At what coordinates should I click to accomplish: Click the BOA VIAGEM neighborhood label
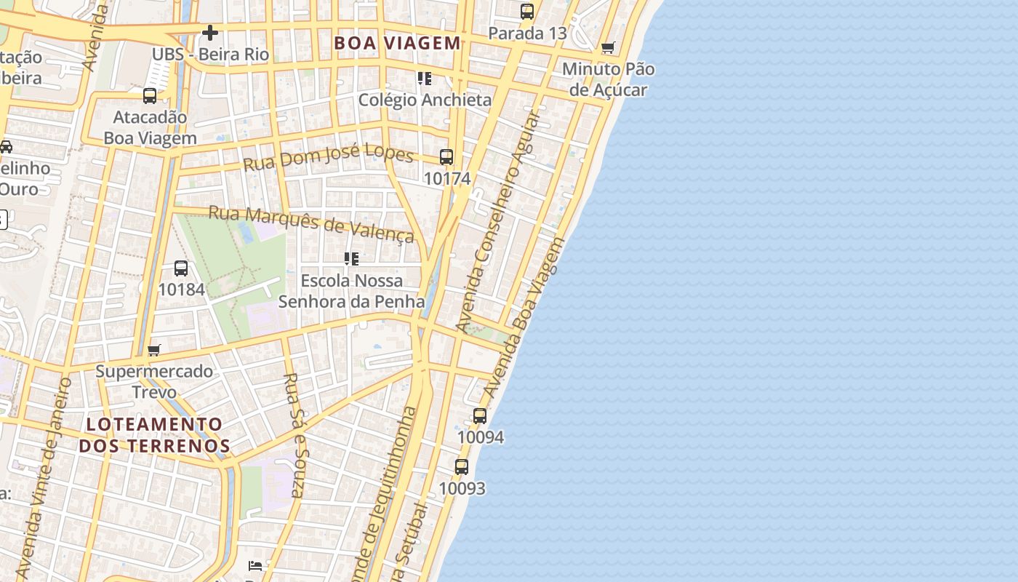tap(397, 43)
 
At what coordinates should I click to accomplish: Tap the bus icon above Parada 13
tap(527, 12)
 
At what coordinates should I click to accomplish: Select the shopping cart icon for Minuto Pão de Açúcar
tap(608, 48)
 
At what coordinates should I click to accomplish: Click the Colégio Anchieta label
tap(425, 100)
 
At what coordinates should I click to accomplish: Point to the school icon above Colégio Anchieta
tap(425, 78)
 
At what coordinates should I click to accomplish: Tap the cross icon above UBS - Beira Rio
tap(210, 33)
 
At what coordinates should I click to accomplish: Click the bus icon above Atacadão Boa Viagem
tap(150, 95)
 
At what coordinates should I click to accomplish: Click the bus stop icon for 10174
tap(446, 157)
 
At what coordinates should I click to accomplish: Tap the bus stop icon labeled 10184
tap(181, 268)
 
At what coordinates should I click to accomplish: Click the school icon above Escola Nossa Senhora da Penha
tap(352, 259)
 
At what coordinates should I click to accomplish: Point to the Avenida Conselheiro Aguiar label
tap(500, 222)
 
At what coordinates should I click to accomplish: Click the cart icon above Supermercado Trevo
tap(154, 351)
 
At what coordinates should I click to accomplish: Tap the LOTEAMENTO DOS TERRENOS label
tap(154, 434)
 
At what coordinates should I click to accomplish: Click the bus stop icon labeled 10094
tap(480, 416)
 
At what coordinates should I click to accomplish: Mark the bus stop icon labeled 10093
tap(462, 467)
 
